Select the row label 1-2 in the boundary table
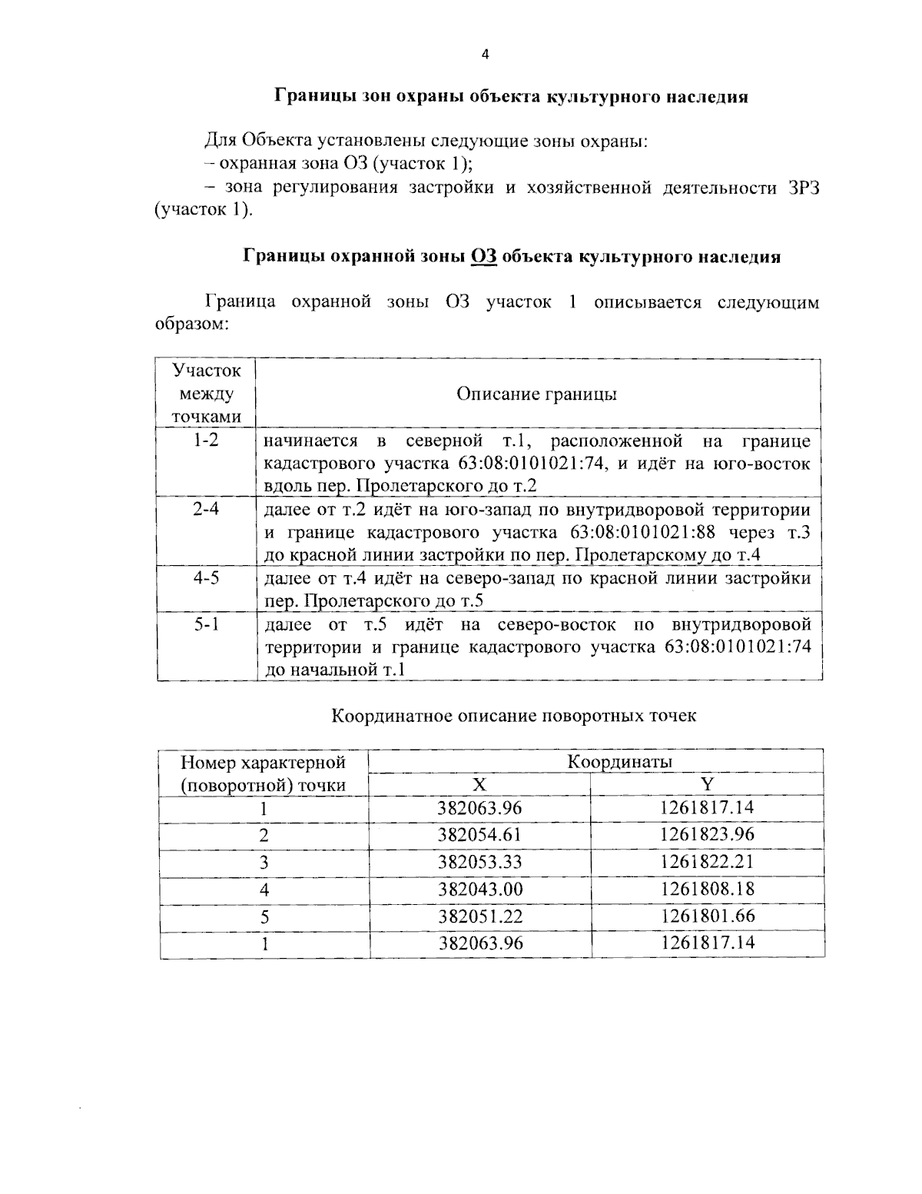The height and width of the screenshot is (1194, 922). click(x=206, y=441)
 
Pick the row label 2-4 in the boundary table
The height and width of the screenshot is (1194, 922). click(x=206, y=509)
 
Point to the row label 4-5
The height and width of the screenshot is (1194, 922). click(x=206, y=577)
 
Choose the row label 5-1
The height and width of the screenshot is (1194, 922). click(x=206, y=624)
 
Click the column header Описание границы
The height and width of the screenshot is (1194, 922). click(x=537, y=394)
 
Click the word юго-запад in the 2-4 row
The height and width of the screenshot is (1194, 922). click(x=408, y=510)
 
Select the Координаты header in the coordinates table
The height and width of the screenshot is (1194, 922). click(x=620, y=762)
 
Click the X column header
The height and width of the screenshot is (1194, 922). click(x=479, y=784)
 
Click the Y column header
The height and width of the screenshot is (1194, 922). click(x=707, y=784)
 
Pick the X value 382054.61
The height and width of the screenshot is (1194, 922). click(x=480, y=835)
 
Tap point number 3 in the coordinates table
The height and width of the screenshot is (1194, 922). click(x=264, y=863)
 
